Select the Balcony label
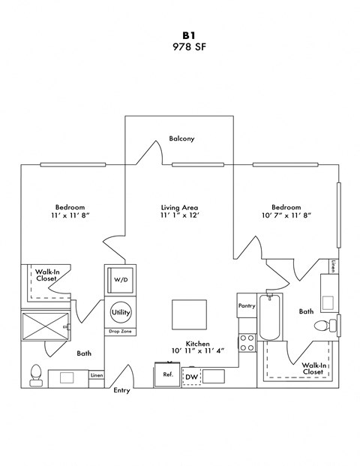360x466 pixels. point(181,139)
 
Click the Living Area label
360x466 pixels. point(178,207)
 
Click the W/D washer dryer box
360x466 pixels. point(121,279)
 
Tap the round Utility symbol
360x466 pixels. point(120,312)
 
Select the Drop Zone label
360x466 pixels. point(120,331)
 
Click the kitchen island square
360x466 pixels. point(190,312)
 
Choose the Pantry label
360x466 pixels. point(247,305)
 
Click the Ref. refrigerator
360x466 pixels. point(165,374)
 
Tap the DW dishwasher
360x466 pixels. point(192,376)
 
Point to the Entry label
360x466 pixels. point(121,391)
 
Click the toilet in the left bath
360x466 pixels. point(35,374)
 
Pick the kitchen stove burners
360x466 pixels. point(247,343)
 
